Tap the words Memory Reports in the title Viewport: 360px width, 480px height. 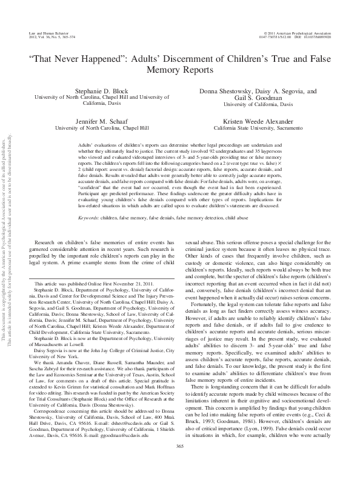(x=179, y=70)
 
